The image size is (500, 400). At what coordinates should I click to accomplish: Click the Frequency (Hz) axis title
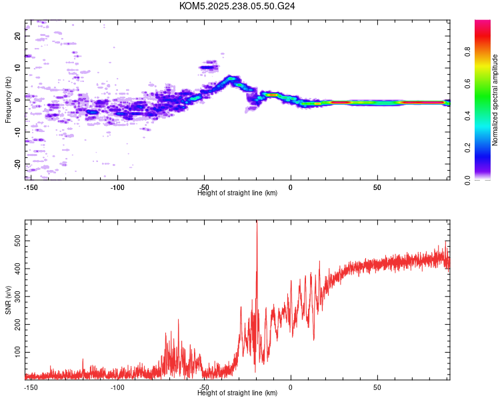click(x=8, y=100)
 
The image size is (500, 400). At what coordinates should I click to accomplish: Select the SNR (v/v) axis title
click(x=8, y=300)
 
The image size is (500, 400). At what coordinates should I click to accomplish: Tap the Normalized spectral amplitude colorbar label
click(x=495, y=100)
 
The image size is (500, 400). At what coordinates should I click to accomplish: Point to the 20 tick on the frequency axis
click(x=18, y=37)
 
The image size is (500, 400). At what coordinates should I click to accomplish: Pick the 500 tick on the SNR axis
click(x=17, y=242)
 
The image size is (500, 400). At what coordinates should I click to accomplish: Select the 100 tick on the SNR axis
click(x=17, y=350)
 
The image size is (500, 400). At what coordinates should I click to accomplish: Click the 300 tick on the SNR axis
click(x=17, y=296)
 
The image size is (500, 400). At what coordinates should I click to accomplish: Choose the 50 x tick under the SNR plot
click(x=377, y=387)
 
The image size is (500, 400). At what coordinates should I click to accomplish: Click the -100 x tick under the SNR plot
click(x=117, y=387)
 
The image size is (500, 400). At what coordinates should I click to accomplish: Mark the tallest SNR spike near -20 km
click(x=257, y=224)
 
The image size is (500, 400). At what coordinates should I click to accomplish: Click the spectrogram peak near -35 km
click(x=231, y=79)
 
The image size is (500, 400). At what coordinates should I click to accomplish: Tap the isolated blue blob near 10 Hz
click(x=210, y=66)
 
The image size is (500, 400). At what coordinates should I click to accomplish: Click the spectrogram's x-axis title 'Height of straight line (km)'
click(x=237, y=193)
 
